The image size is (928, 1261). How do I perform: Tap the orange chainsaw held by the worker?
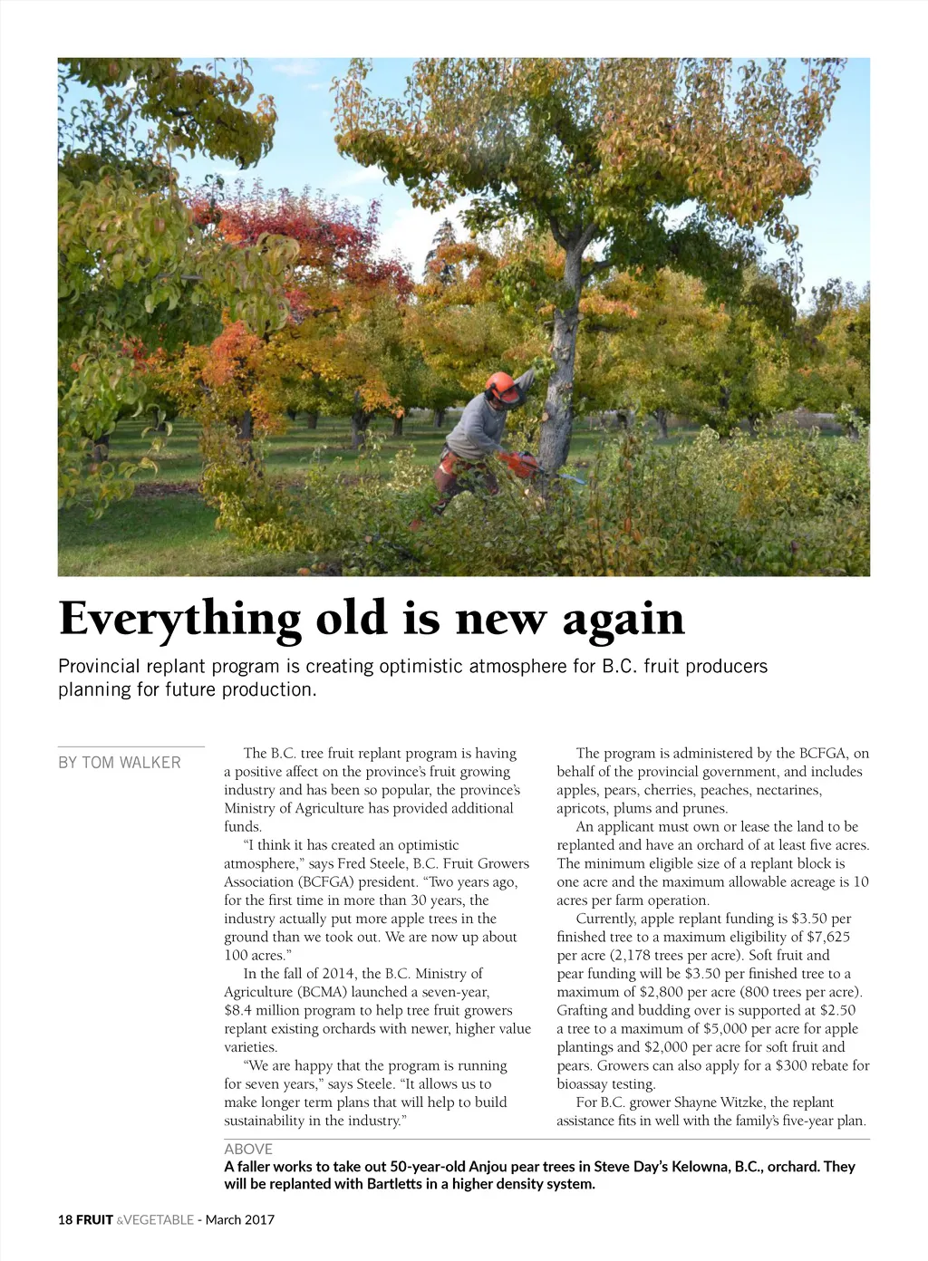(x=519, y=464)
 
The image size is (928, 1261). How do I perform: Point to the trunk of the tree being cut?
(x=559, y=380)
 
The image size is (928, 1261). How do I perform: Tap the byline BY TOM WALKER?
(x=120, y=763)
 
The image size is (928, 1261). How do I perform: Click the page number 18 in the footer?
(x=65, y=1219)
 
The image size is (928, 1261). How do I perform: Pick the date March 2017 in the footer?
(x=240, y=1219)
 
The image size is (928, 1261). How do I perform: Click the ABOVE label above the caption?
(x=248, y=1149)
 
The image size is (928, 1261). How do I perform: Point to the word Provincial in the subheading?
(x=99, y=667)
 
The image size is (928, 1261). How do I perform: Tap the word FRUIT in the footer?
(x=94, y=1219)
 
